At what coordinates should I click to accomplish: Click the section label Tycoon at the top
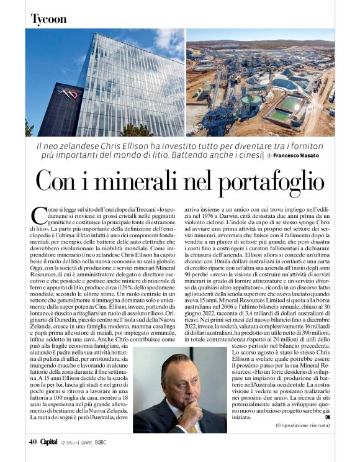pos(48,19)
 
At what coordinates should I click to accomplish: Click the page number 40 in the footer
pos(32,442)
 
